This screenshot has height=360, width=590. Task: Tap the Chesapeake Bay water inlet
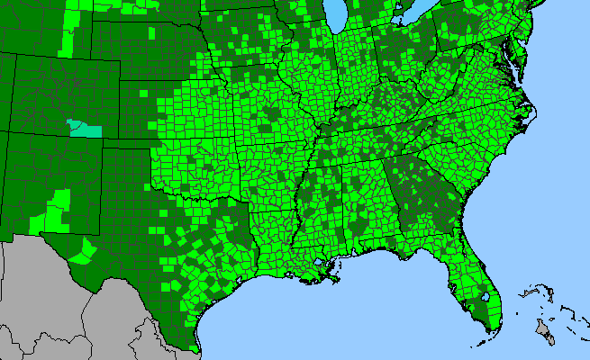point(511,67)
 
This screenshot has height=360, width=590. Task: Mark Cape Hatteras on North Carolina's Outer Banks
point(533,115)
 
